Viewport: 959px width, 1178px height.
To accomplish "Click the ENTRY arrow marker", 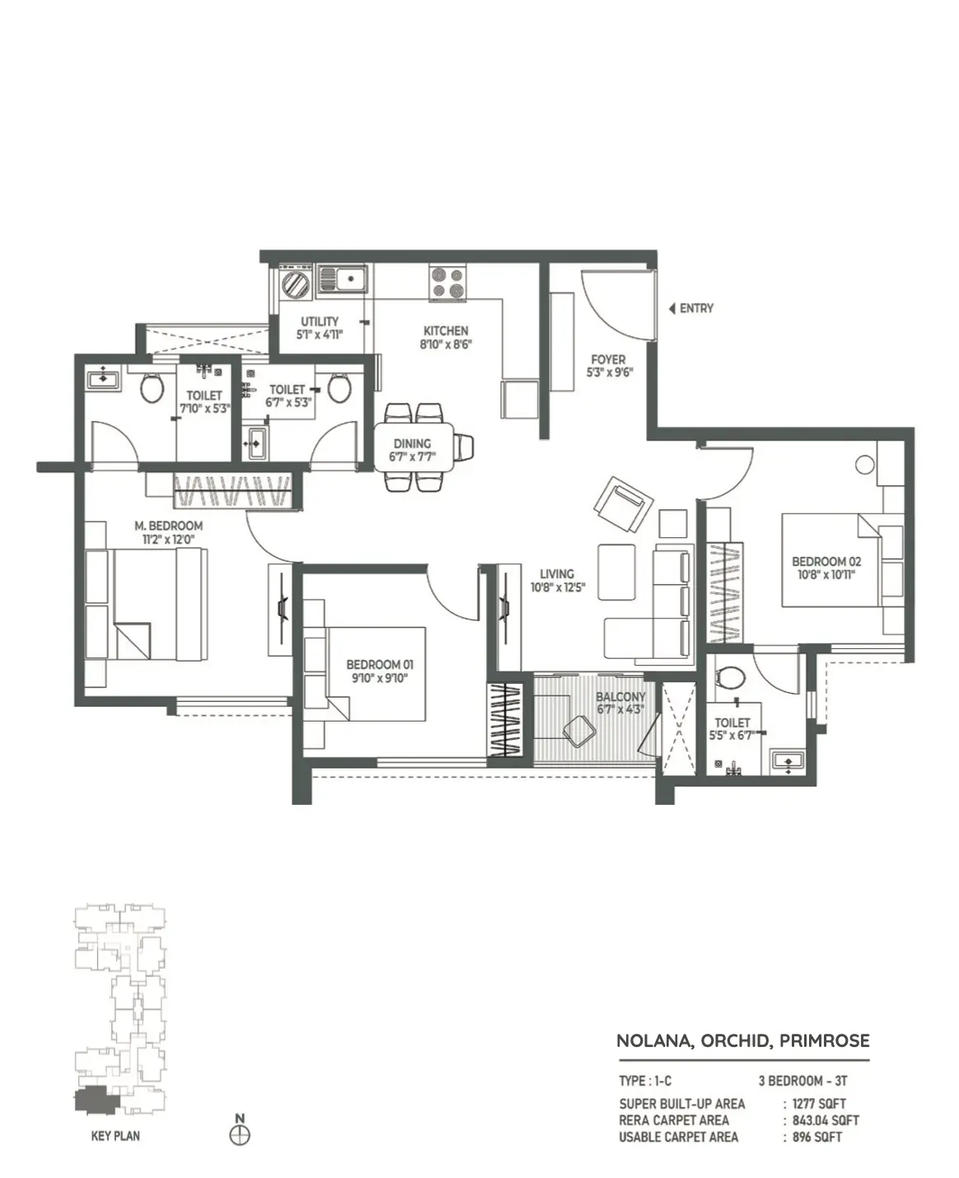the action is [672, 309].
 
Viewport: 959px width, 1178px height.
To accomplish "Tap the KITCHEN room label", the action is [446, 330].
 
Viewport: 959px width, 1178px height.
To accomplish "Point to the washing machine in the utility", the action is [297, 283].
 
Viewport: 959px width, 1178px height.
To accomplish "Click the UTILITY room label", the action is [320, 321].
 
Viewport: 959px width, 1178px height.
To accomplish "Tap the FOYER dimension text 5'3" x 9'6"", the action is [610, 372].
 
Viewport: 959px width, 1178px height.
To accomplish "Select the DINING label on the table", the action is [412, 443].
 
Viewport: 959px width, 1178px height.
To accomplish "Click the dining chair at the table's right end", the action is [465, 446].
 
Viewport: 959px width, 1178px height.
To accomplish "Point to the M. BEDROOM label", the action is [169, 526].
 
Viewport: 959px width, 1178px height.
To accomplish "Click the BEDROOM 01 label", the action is [380, 664].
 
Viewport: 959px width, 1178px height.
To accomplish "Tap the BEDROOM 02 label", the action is [826, 561].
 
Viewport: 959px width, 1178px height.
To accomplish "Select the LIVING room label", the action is [557, 574].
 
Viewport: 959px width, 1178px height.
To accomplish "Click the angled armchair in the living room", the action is [624, 503].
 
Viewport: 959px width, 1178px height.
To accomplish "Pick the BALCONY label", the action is [620, 697].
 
